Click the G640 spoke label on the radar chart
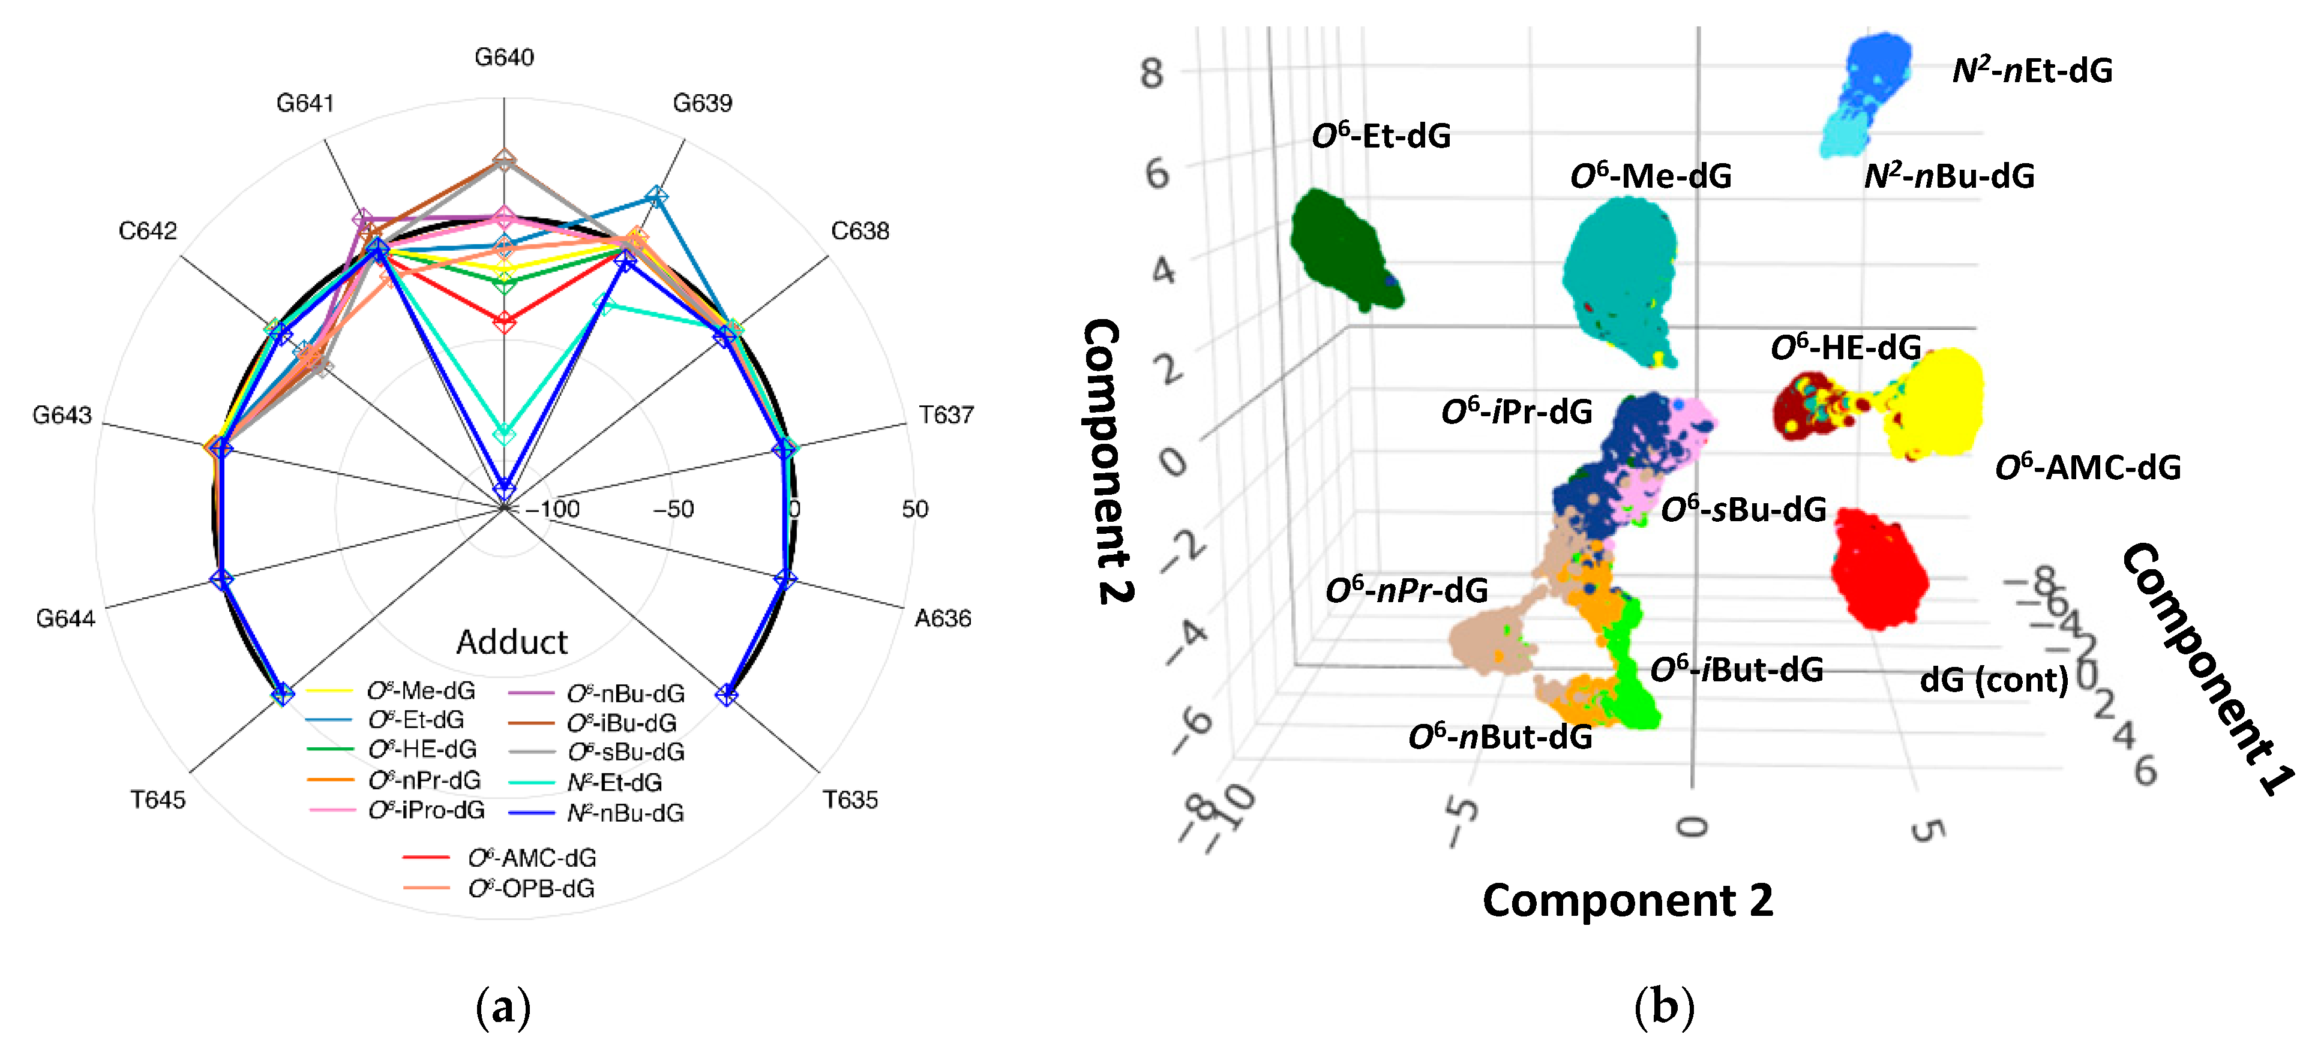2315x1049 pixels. (504, 58)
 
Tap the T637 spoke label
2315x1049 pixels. (946, 415)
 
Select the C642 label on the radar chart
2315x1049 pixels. (148, 231)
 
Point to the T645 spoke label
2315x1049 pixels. (158, 799)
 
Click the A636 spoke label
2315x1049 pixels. (943, 618)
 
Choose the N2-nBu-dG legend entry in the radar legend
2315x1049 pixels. (625, 813)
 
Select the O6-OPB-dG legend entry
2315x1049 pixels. (530, 888)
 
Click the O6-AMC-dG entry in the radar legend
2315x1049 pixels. (531, 858)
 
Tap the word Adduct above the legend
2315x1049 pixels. (511, 642)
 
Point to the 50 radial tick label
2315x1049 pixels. (915, 509)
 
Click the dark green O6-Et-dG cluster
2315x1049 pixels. (1341, 249)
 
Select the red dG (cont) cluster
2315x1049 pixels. (1878, 569)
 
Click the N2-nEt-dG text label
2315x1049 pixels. (2032, 70)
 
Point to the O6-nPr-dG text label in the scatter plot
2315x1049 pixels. (1407, 590)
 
